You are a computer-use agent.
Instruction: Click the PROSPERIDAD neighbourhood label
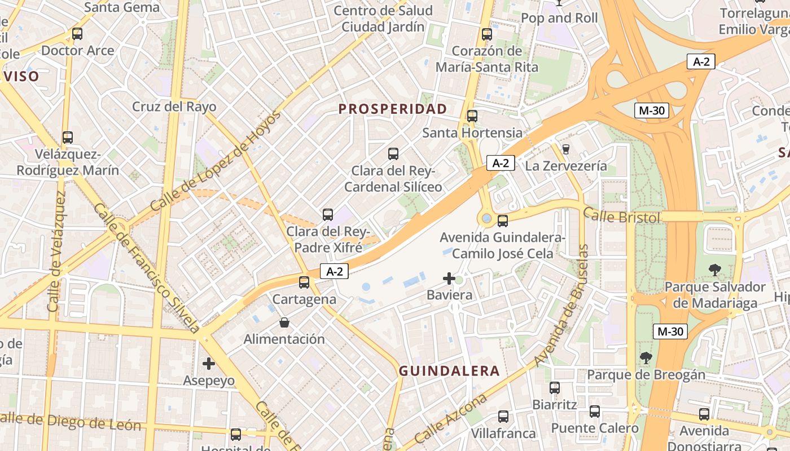[393, 109]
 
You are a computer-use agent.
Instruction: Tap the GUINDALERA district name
[449, 371]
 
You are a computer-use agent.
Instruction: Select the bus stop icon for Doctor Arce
[77, 34]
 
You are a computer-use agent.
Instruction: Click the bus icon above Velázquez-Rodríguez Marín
[68, 137]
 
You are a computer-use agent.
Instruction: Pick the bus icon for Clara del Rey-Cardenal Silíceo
[393, 153]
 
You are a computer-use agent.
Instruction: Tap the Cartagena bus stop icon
[304, 282]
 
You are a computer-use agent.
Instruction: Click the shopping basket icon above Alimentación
[284, 322]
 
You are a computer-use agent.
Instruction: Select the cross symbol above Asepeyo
[209, 364]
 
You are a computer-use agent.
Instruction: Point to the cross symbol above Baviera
[449, 278]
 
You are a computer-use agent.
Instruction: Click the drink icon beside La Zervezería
[566, 149]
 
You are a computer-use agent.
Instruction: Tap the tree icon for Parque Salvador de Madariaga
[714, 269]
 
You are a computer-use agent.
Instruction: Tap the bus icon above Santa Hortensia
[472, 116]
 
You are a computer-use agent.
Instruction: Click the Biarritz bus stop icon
[555, 388]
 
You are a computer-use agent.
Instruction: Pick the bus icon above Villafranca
[503, 417]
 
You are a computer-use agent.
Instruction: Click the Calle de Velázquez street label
[58, 251]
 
